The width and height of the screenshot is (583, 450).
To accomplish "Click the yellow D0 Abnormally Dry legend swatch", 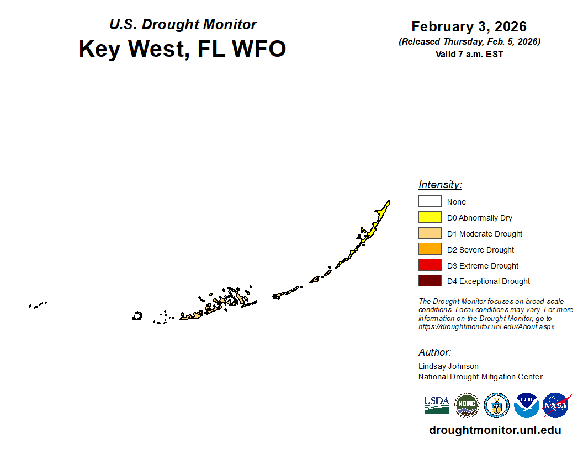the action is (x=430, y=217).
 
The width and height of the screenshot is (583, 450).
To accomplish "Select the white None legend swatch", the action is (x=430, y=201).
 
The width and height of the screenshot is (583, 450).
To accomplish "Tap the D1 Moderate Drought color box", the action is (x=430, y=233).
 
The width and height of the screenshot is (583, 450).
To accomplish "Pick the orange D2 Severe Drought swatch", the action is (x=430, y=249).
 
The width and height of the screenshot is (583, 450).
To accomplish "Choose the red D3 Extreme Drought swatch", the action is (x=430, y=265).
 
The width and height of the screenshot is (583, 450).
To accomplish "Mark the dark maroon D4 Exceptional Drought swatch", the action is (x=430, y=281).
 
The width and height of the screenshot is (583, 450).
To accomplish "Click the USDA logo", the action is (x=437, y=405).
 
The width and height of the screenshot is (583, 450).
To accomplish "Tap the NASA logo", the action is (x=556, y=405).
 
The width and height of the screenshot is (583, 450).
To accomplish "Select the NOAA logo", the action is (x=527, y=405).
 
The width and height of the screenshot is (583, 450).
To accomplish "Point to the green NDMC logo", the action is (x=467, y=405).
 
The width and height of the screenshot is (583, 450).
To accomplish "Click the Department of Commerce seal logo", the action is (x=497, y=405).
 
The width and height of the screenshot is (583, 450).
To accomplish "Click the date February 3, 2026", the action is (x=469, y=26).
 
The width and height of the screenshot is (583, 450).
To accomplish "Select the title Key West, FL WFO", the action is (x=182, y=49).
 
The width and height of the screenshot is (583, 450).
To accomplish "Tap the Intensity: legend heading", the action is (x=440, y=185).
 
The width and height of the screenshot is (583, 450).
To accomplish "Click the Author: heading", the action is (x=434, y=352).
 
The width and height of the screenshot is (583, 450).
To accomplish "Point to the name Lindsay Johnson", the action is (x=448, y=366).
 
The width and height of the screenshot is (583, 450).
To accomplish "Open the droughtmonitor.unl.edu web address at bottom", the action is (x=495, y=430).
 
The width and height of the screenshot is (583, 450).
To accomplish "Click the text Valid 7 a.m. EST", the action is (x=469, y=54).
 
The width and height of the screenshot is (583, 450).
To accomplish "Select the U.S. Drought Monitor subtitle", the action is (x=183, y=24).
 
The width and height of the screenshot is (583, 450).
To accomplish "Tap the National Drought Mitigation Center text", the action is (x=480, y=377).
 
